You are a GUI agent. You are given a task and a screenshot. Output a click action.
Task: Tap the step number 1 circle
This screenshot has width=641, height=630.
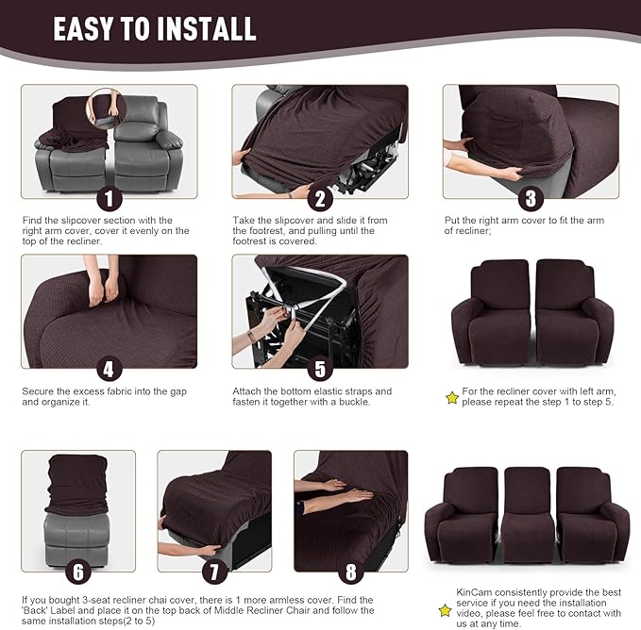[x=109, y=198]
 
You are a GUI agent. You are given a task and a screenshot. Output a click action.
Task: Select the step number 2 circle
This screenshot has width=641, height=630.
[x=320, y=198]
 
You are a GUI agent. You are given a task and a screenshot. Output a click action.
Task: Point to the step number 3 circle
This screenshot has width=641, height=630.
[x=531, y=198]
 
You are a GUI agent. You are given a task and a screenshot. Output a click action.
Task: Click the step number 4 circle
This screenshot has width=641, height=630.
[x=109, y=369]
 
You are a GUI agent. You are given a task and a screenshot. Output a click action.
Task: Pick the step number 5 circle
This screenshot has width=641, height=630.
[x=320, y=369]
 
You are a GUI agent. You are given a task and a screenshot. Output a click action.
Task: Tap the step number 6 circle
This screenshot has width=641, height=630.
[x=78, y=572]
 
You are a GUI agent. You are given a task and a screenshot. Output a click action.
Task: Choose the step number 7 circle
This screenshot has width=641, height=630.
[x=214, y=572]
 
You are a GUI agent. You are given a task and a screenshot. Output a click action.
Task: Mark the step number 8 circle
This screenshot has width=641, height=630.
[x=351, y=572]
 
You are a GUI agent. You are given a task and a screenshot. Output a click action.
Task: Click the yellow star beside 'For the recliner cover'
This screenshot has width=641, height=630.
[x=452, y=398]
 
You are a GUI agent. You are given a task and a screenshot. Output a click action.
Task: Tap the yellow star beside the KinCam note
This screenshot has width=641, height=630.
[x=445, y=610]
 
